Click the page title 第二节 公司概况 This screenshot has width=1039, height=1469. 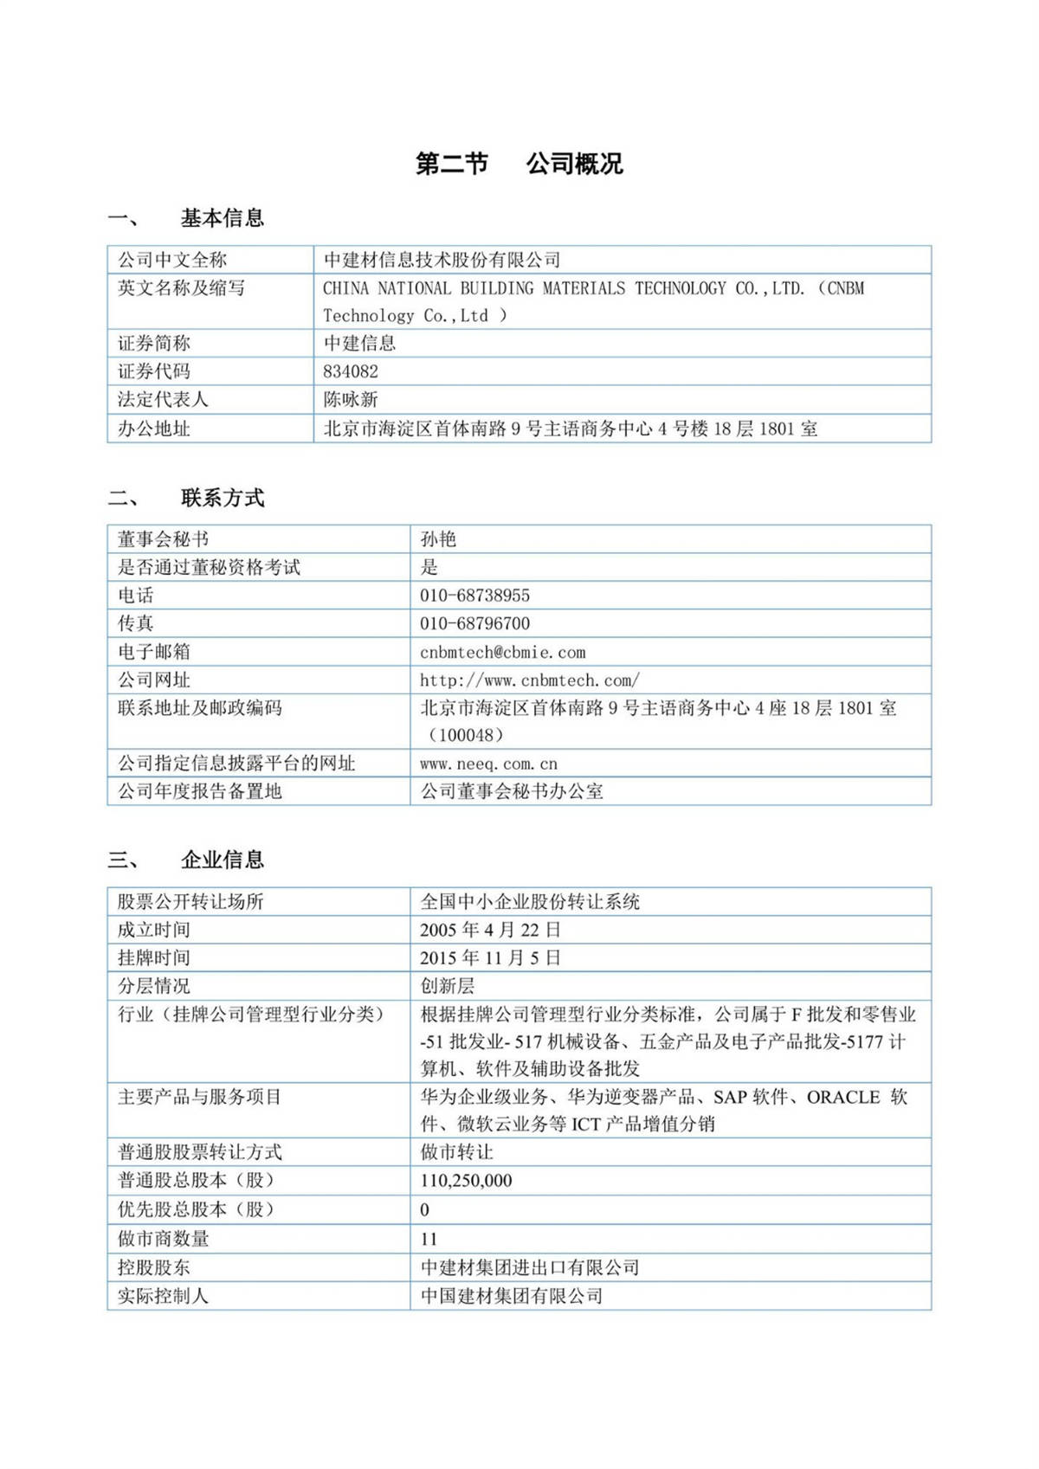coord(519,164)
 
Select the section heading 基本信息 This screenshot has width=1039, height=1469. coord(222,218)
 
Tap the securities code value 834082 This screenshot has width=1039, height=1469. coord(351,371)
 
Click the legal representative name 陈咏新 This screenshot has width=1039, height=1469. coord(351,400)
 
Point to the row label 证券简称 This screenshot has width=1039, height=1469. coord(154,344)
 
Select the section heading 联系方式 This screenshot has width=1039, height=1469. coord(222,498)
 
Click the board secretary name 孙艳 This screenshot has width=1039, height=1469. coord(438,539)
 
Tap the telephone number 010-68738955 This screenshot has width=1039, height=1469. coord(474,596)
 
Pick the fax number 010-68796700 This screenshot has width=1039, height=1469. coord(474,623)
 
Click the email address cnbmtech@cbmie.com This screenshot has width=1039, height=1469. coord(502,652)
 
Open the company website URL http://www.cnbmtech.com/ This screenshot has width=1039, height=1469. coord(529,680)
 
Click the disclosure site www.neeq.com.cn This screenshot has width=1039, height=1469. coord(488,763)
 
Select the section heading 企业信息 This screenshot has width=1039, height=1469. coord(222,860)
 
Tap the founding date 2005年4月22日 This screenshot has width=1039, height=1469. coord(490,930)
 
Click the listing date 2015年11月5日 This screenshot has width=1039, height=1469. coord(490,957)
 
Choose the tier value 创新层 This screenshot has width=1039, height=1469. coord(447,986)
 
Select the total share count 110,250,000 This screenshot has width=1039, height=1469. coord(466,1181)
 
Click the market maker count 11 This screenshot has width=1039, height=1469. coord(429,1239)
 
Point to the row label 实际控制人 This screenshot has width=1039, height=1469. coord(163,1296)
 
